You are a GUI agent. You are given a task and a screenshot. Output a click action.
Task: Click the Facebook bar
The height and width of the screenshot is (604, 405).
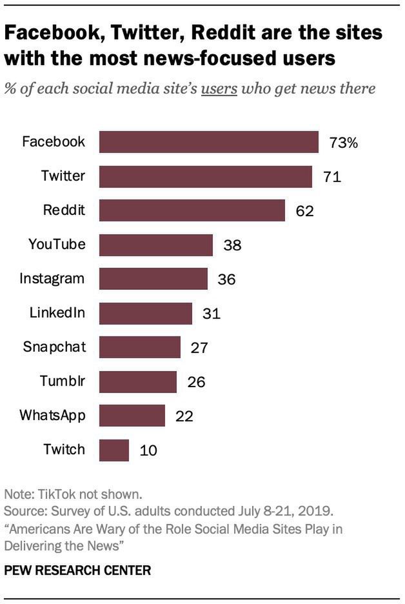click(x=208, y=142)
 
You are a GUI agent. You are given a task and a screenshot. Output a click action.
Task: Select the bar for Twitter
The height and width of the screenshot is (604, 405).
click(x=205, y=176)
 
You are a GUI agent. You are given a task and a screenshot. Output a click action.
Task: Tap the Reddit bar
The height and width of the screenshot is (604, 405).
click(x=192, y=210)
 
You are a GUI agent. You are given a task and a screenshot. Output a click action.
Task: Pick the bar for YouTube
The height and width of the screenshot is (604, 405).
click(x=155, y=245)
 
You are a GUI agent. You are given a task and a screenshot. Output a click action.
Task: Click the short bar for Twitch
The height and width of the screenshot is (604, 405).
click(x=114, y=450)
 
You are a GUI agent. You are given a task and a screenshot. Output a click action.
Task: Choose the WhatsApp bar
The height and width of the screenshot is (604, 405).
click(x=132, y=416)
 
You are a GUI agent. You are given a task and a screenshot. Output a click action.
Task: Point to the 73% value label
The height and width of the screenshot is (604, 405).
click(x=343, y=143)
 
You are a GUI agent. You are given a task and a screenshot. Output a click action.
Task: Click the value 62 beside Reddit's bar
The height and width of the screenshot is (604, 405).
click(x=304, y=211)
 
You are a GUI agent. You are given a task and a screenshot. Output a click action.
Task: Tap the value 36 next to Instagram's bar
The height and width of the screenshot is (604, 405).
click(x=226, y=279)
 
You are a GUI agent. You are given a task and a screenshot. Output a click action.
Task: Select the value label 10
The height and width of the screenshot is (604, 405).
click(x=148, y=450)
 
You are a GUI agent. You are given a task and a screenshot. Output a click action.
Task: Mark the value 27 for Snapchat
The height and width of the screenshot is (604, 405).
click(x=199, y=348)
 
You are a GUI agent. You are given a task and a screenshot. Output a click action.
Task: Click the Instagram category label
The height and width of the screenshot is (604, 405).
click(x=52, y=279)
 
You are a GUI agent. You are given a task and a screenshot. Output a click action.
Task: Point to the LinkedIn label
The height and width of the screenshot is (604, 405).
click(x=57, y=313)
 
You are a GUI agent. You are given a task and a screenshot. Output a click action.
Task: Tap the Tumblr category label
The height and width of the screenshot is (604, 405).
click(x=63, y=381)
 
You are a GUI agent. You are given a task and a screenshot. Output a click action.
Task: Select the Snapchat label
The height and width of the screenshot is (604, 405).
click(x=54, y=347)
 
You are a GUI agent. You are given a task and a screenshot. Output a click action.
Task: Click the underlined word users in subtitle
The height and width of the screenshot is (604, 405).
click(x=219, y=88)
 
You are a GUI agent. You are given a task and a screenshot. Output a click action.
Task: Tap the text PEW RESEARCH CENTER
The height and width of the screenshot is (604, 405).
click(x=77, y=570)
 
